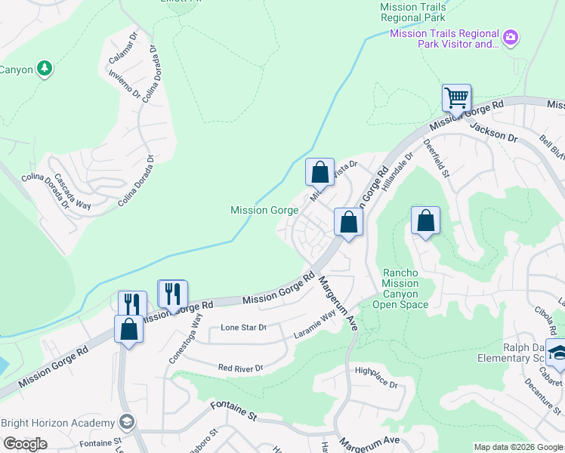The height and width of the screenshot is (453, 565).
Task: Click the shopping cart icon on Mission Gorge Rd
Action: coord(456,98)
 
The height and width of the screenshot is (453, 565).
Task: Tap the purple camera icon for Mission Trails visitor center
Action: coord(511,37)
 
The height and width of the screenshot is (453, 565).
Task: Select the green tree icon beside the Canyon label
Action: coord(45,69)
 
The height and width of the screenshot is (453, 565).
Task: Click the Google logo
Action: coord(25,444)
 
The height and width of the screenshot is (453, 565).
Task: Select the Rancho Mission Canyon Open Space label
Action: coord(400,288)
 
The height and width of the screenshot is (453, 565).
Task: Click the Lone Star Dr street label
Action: coord(243,328)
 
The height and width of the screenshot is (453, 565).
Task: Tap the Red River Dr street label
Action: coord(239,368)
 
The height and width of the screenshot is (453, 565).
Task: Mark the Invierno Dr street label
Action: coord(125,84)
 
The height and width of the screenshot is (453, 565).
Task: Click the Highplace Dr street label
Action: coord(375,377)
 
